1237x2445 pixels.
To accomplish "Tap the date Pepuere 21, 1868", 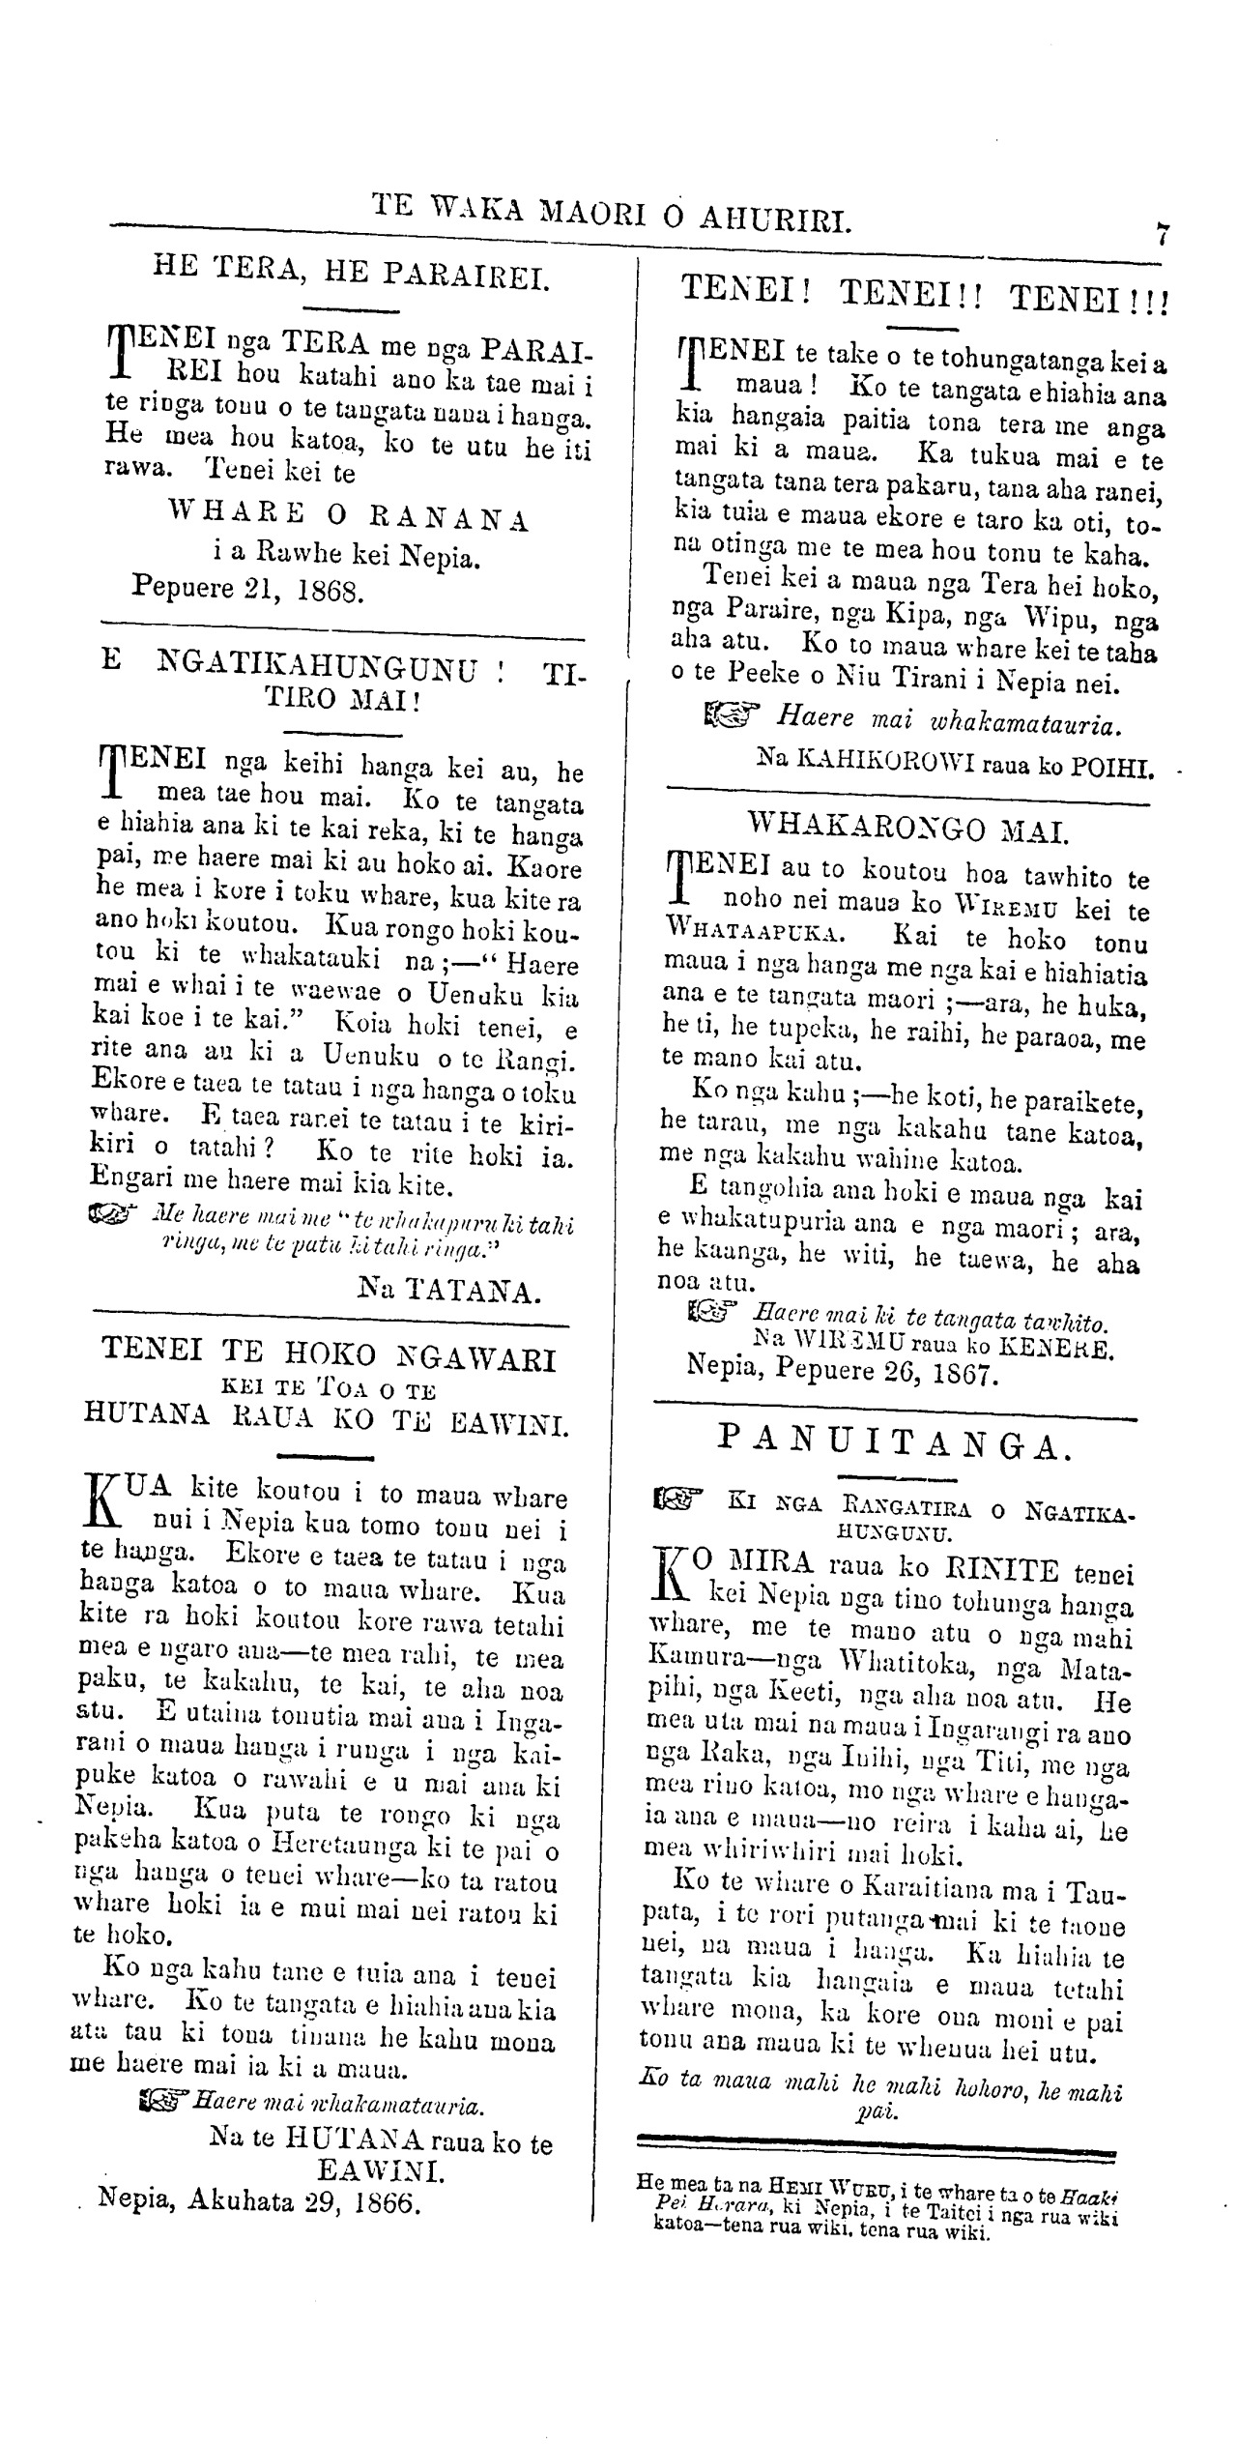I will click(x=247, y=590).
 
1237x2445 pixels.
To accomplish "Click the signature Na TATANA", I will click(x=448, y=1290).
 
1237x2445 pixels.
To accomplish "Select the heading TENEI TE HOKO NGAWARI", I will click(x=330, y=1358).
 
